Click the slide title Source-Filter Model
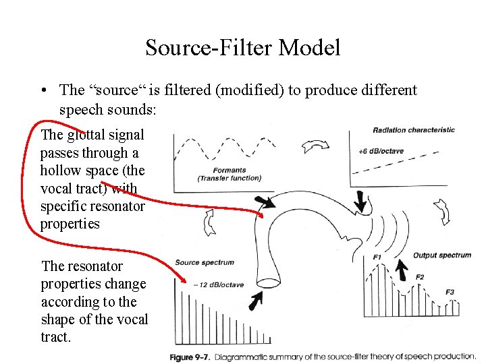(243, 48)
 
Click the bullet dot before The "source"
(43, 90)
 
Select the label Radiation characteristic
(413, 130)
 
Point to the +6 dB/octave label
(381, 151)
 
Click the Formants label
(229, 171)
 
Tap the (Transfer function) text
(229, 178)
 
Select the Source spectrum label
(204, 262)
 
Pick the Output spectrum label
(442, 255)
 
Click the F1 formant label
(377, 257)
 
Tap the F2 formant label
(420, 277)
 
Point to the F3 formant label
(450, 292)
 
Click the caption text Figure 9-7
(190, 356)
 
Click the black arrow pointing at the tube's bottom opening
(256, 301)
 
